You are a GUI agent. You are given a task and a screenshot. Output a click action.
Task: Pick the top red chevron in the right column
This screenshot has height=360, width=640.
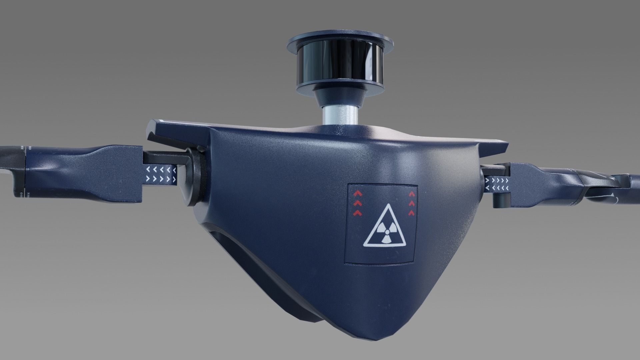(x=412, y=193)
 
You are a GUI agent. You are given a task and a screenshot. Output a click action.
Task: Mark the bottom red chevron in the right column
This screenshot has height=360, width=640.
(x=412, y=212)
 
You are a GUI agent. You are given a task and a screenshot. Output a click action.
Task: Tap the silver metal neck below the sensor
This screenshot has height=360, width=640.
(x=340, y=115)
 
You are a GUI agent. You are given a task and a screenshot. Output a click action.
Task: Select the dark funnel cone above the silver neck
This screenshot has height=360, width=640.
(x=340, y=95)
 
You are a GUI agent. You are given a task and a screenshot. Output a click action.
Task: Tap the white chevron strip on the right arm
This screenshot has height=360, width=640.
(x=497, y=184)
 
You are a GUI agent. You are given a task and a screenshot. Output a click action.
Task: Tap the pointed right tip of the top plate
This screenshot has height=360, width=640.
(x=507, y=146)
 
